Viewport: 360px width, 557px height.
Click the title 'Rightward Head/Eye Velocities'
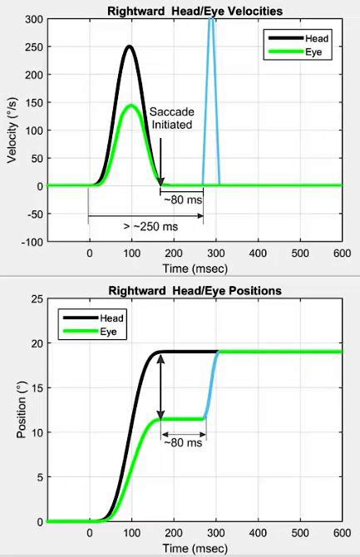click(x=195, y=11)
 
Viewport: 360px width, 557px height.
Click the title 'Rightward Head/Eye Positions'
click(x=195, y=291)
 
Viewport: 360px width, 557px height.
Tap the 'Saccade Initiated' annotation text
click(x=170, y=118)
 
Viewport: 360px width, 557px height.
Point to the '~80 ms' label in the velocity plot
click(x=182, y=200)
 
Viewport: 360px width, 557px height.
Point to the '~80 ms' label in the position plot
click(x=183, y=443)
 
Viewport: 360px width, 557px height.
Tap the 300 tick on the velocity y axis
click(x=34, y=19)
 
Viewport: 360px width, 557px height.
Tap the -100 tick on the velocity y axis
click(x=32, y=242)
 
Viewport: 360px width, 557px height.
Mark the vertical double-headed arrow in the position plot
click(x=161, y=386)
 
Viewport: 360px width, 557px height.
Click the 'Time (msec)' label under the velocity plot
click(x=194, y=269)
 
